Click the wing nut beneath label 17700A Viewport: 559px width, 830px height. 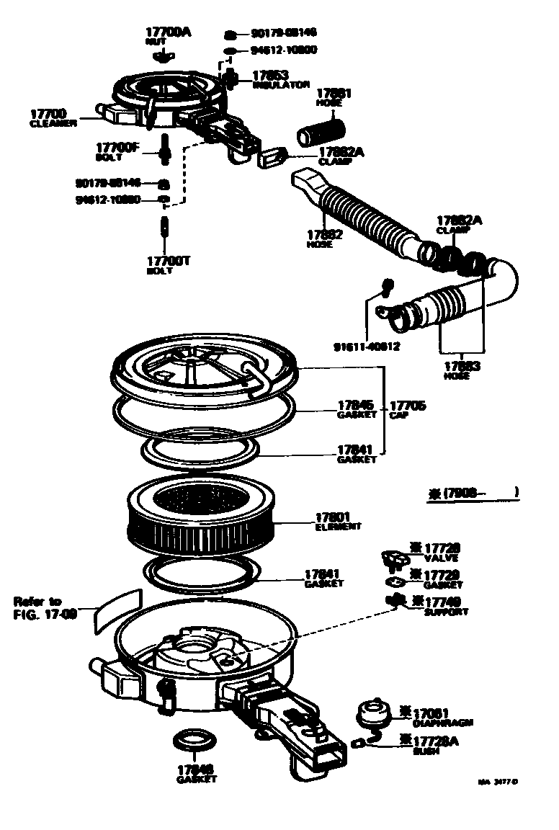tap(166, 55)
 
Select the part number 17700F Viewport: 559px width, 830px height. tap(117, 147)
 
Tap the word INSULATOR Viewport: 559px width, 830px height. tap(282, 85)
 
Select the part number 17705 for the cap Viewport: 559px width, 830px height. tap(408, 406)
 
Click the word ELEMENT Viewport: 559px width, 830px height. tap(338, 527)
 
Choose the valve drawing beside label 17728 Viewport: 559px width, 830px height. tap(392, 558)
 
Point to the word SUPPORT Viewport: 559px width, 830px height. tap(446, 612)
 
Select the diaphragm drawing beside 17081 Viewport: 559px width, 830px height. tap(374, 714)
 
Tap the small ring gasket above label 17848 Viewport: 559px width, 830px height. tap(189, 741)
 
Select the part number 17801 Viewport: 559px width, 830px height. tap(334, 517)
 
